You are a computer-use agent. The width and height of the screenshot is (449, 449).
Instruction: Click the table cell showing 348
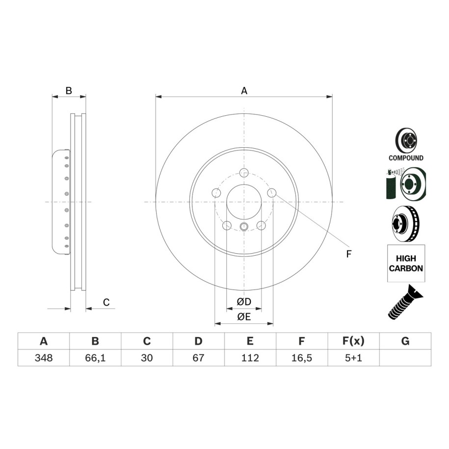[44, 358]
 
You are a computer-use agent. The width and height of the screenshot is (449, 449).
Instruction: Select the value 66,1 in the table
[95, 358]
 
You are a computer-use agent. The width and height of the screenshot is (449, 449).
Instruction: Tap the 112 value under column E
[250, 358]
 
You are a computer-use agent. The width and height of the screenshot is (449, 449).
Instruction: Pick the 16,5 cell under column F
[301, 358]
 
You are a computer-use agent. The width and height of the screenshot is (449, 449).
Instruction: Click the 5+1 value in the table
[353, 358]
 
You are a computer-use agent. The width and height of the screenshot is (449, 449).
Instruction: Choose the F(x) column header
[353, 341]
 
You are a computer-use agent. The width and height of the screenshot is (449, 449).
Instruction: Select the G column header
[405, 341]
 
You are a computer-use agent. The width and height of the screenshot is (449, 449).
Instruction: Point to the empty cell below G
[405, 358]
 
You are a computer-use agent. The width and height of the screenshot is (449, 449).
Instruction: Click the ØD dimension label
[244, 301]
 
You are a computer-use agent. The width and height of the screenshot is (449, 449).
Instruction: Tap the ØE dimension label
[244, 317]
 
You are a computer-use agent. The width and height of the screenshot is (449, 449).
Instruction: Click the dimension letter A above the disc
[244, 91]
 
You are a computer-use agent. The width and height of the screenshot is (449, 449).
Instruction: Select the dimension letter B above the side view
[69, 91]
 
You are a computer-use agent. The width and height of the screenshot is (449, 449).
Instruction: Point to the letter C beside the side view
[106, 302]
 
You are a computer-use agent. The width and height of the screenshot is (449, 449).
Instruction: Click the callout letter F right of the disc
[348, 254]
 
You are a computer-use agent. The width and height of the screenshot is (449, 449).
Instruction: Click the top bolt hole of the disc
[244, 173]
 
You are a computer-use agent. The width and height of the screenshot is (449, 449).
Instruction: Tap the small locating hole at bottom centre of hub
[244, 227]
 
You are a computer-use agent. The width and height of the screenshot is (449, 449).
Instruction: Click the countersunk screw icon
[406, 303]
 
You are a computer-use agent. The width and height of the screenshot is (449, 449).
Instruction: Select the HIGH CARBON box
[406, 263]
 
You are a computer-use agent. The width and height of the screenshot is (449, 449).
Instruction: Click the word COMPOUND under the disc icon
[406, 158]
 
